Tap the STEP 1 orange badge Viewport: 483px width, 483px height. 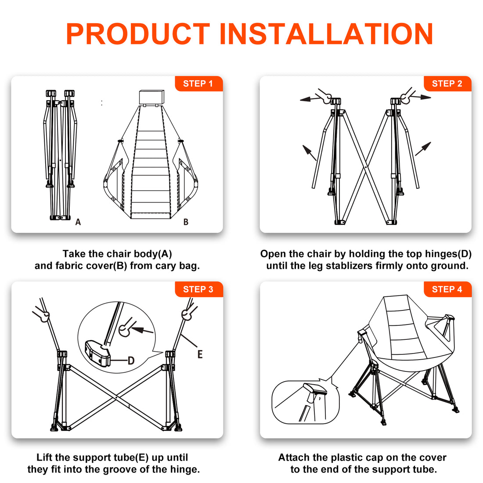pyautogui.click(x=198, y=83)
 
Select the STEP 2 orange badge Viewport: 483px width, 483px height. pyautogui.click(x=447, y=83)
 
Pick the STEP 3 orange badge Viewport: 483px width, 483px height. pyautogui.click(x=198, y=289)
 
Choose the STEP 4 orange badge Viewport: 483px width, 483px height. pyautogui.click(x=447, y=289)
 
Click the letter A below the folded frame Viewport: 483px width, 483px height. pyautogui.click(x=78, y=222)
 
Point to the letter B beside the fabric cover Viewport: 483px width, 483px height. pyautogui.click(x=186, y=222)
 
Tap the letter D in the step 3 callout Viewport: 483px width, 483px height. pyautogui.click(x=131, y=360)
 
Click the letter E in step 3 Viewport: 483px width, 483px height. pyautogui.click(x=200, y=354)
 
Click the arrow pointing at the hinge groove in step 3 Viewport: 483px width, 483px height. pyautogui.click(x=142, y=330)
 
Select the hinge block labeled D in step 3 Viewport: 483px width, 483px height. pyautogui.click(x=97, y=353)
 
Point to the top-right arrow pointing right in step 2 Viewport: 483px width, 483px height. pyautogui.click(x=420, y=97)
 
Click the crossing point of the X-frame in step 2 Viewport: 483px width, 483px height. pyautogui.click(x=366, y=167)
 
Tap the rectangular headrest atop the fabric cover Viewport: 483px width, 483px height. pyautogui.click(x=151, y=97)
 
